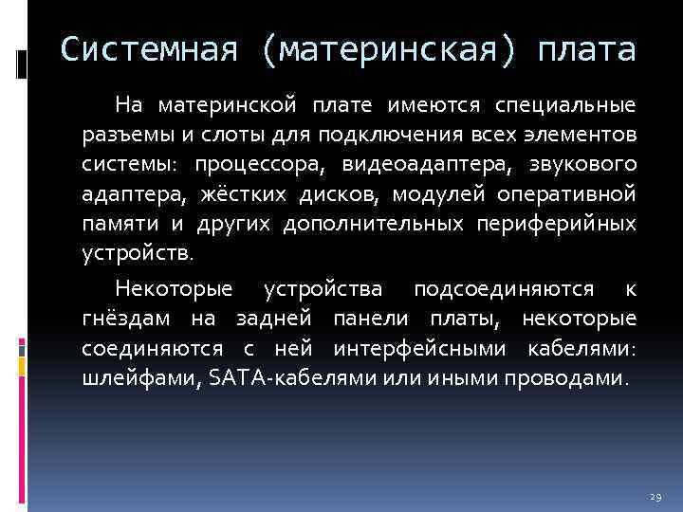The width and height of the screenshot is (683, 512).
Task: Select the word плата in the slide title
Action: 584,50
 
